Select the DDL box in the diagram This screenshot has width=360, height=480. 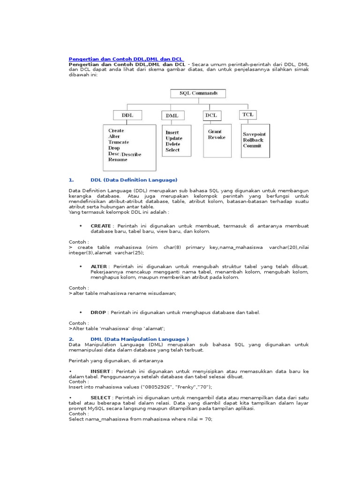(127, 115)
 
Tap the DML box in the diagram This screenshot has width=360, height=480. (172, 115)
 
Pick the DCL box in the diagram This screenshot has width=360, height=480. (211, 115)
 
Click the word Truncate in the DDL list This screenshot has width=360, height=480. (119, 142)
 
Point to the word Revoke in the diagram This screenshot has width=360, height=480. (217, 137)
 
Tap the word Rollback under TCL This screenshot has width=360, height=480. (253, 140)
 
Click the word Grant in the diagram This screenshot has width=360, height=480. (215, 132)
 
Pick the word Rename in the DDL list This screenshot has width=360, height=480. (117, 159)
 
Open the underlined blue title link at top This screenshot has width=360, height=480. (126, 59)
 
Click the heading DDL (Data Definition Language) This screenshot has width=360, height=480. (134, 180)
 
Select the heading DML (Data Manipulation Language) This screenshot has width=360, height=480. (139, 339)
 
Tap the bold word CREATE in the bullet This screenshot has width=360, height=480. (101, 225)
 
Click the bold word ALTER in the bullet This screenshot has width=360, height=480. (99, 266)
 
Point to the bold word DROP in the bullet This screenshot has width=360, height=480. (98, 312)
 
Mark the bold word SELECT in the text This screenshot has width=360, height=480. (101, 397)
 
